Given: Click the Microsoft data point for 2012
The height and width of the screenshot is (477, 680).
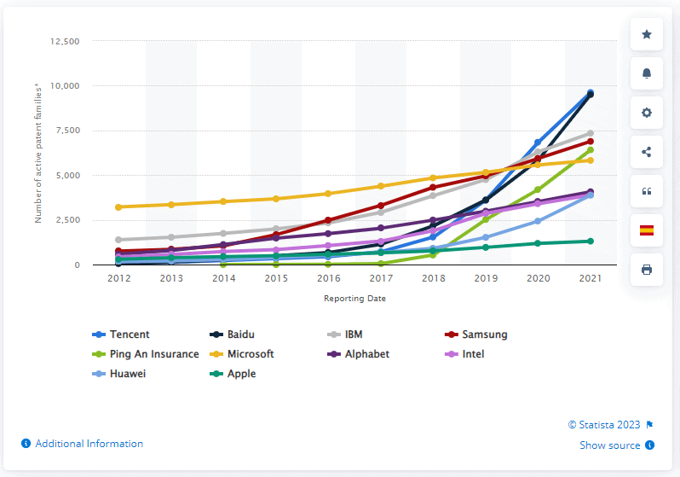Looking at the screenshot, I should point(119,207).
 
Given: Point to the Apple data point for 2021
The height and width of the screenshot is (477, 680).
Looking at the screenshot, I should point(590,241).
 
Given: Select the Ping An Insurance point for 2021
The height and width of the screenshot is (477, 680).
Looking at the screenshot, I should point(590,150).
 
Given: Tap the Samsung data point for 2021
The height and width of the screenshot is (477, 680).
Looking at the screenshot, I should point(590,142).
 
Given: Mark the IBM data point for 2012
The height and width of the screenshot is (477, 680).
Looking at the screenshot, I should point(119,240).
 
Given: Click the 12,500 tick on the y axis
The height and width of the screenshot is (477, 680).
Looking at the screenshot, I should point(65,41).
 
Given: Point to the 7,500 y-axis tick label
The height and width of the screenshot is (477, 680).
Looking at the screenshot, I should point(67,131).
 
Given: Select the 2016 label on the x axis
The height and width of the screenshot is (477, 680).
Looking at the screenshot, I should point(328,278).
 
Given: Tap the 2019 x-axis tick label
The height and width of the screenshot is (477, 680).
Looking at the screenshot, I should point(485,278).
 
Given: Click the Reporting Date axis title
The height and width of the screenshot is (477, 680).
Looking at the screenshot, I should point(354,298).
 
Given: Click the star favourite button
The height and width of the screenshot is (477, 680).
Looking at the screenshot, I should point(646,34).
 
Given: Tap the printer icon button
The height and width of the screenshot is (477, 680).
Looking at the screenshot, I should point(646,270).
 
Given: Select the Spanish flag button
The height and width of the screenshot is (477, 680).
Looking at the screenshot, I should point(646,230).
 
